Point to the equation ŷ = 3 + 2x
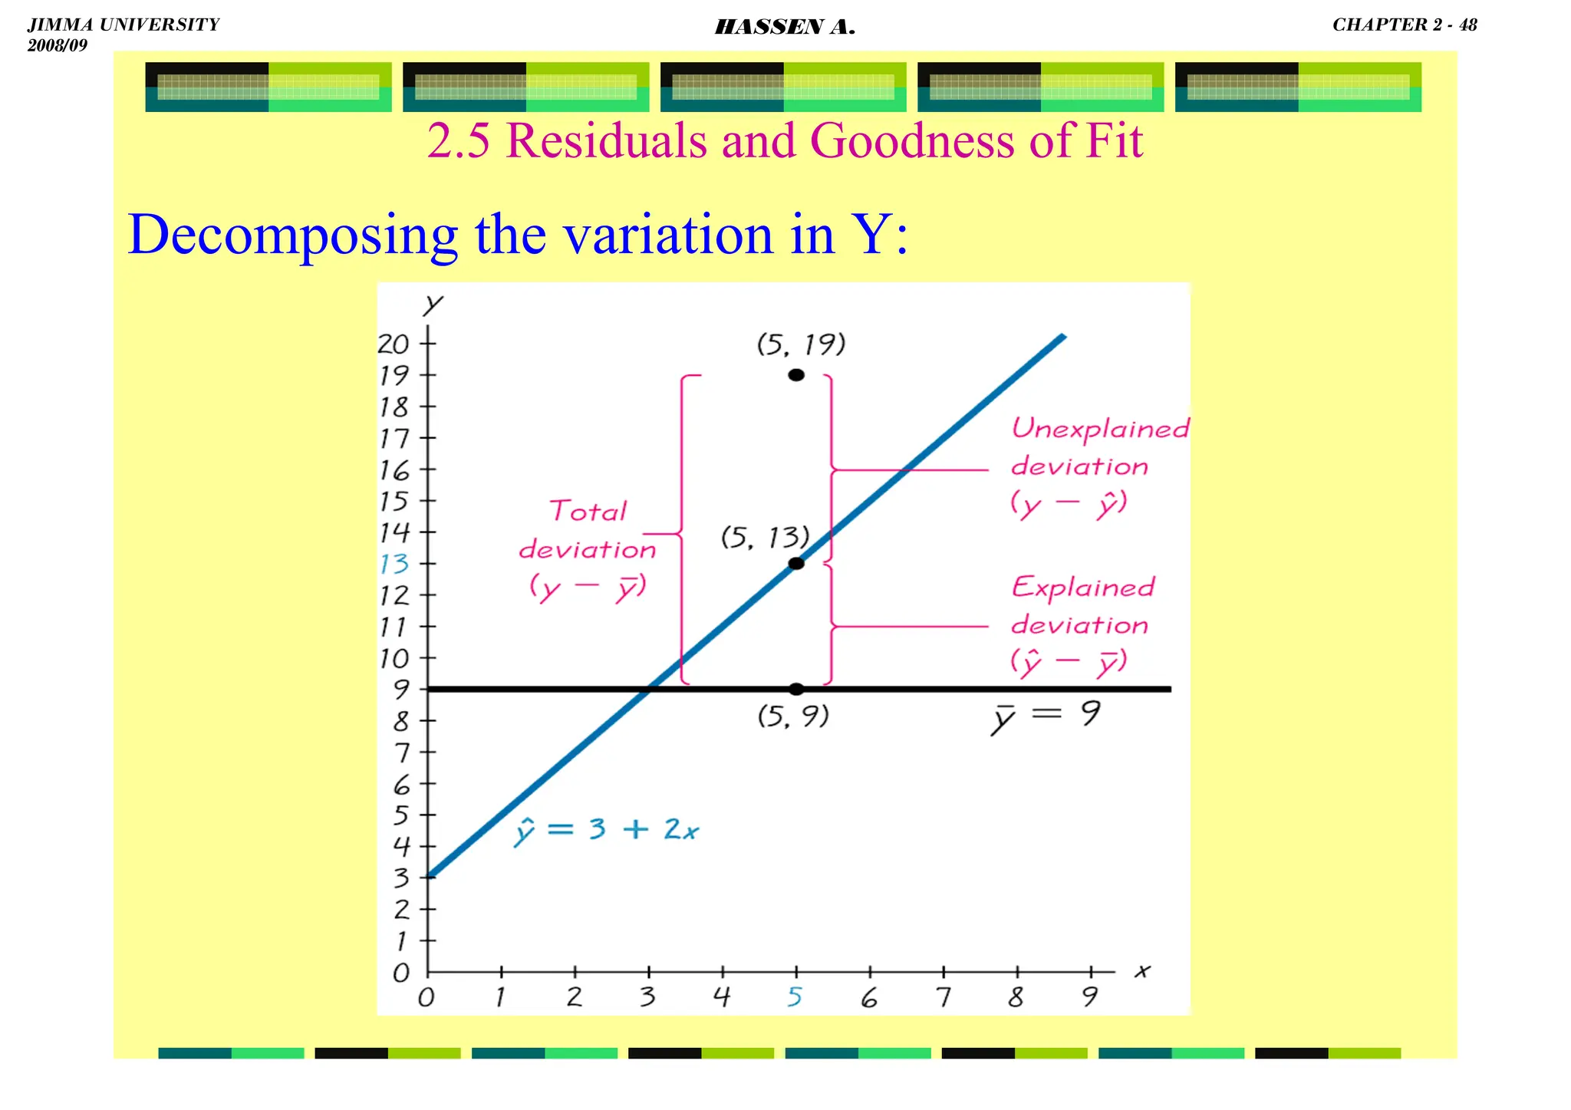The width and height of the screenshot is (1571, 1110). pos(605,831)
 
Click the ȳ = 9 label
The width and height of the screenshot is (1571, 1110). pos(1046,716)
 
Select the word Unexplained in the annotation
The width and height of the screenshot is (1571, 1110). pos(1100,429)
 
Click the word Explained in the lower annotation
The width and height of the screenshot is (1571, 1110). pos(1082,588)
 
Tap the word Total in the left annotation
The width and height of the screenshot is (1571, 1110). pos(588,511)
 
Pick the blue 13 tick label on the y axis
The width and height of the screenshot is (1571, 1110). pos(394,565)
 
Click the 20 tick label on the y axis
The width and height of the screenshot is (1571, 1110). pos(394,344)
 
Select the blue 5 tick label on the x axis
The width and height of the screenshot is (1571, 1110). pos(795,996)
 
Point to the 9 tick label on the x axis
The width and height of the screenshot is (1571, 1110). pos(1090,996)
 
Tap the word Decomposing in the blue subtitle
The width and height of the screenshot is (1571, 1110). pos(292,235)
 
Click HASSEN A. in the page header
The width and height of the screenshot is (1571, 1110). pos(785,28)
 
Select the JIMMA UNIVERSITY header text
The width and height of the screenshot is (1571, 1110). pos(124,25)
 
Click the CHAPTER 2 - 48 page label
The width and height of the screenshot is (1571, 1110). pos(1405,25)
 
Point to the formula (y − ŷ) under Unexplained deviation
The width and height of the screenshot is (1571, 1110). pos(1069,504)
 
